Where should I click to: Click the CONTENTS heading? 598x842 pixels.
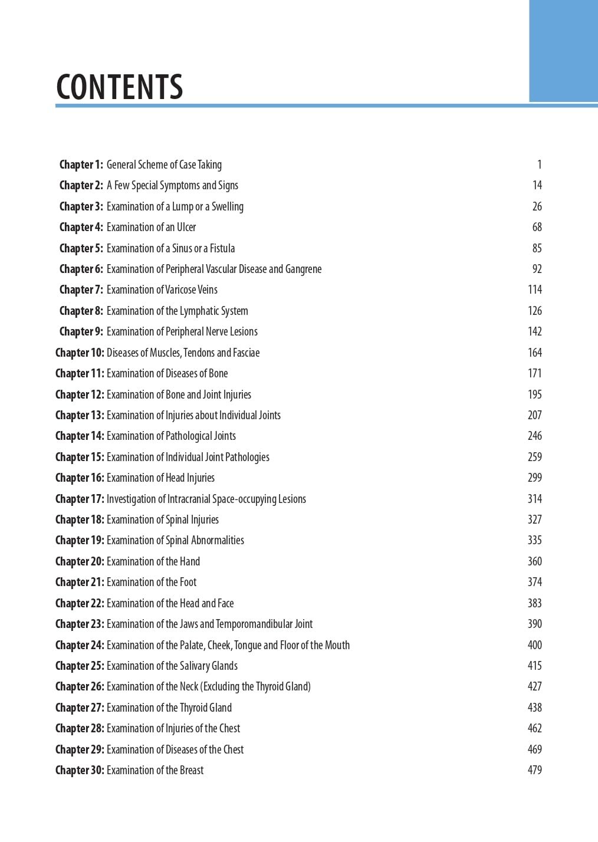point(120,87)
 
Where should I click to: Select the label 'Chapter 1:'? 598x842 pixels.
point(81,165)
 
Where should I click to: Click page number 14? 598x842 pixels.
point(537,186)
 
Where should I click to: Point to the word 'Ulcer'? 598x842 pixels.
point(186,228)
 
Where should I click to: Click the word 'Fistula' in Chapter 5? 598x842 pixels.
point(222,249)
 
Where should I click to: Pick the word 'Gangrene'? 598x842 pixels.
point(303,269)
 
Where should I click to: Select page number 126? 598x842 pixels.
point(534,311)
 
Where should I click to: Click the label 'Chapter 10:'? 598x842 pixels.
point(80,353)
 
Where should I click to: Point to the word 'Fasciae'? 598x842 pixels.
point(247,353)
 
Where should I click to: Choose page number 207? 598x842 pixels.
point(534,415)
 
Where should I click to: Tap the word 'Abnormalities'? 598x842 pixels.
point(217,541)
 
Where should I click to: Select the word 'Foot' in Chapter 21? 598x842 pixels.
point(188,583)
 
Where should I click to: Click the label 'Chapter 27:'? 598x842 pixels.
point(80,708)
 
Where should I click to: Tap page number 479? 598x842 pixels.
point(534,770)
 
